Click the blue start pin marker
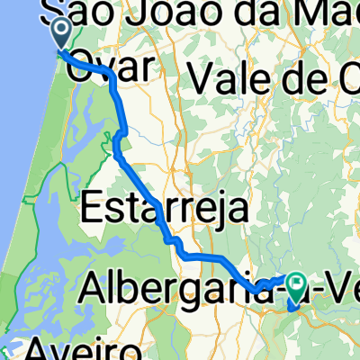pos(61,34)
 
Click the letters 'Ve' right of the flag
pos(337,290)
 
